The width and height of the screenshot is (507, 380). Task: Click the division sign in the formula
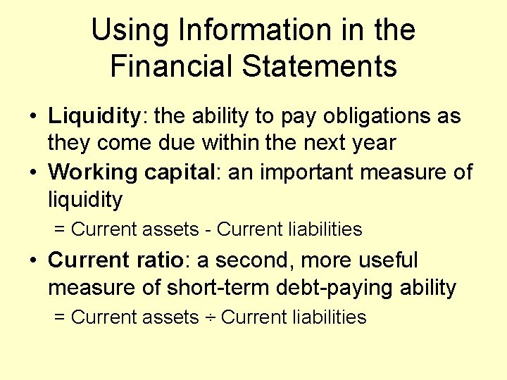(210, 318)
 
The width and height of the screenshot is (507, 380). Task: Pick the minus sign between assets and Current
(208, 229)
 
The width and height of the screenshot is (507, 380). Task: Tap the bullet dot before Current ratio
(33, 261)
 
